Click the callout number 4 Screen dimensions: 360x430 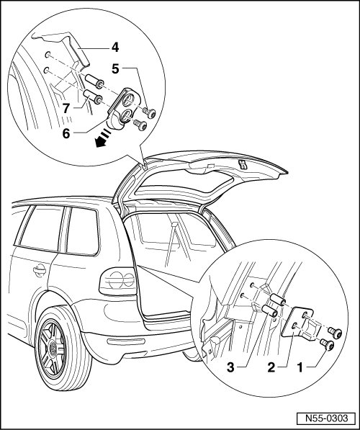coord(115,47)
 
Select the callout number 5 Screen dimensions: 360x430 coord(115,69)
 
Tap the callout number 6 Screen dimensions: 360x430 coord(66,134)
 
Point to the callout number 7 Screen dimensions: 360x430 coord(66,109)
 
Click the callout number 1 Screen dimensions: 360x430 coord(300,367)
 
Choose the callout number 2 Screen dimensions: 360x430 coord(271,367)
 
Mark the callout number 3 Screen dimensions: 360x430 coord(231,367)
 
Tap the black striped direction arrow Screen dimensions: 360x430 coord(103,138)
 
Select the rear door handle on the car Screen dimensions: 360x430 coord(39,270)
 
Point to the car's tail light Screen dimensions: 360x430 coord(119,281)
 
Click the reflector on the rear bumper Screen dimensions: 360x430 coord(126,341)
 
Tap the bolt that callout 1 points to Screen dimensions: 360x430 coord(327,344)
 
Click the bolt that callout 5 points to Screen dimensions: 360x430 coord(149,112)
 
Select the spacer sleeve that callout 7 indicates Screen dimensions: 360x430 coord(93,97)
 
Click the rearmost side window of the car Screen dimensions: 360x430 coord(83,231)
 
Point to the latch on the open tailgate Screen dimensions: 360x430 coord(242,164)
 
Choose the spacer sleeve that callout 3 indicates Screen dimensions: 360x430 coord(270,310)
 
